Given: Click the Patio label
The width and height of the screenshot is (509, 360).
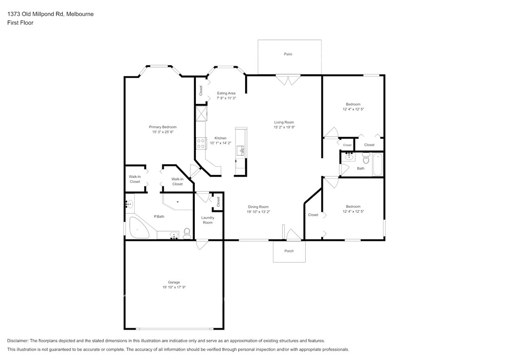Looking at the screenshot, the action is pos(288,54).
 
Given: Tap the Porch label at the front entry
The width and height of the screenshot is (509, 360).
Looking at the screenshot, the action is pos(289,251).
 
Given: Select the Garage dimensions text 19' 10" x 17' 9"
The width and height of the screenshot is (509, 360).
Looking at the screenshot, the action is pos(174,287).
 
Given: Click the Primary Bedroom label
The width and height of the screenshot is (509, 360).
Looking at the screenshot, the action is pos(163,127).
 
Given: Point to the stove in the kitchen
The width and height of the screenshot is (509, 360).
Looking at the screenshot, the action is pos(201,144).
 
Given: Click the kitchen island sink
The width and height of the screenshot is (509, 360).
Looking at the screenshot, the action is pos(241,151).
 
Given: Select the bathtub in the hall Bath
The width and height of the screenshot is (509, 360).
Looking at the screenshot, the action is pos(378,164).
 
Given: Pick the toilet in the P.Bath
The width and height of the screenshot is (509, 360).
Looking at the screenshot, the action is pos(187,234).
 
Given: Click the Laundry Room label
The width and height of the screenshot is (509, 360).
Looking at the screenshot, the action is pos(208,220).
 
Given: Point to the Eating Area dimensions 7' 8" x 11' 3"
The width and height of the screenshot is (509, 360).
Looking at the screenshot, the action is pos(226,98).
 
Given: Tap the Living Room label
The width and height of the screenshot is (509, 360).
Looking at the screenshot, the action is pos(284,122).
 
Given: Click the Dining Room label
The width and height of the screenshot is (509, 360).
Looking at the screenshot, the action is pos(258,207).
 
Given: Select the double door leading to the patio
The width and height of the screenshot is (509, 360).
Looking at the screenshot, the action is pos(288,80).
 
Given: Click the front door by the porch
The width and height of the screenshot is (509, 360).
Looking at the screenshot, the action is pos(294,235).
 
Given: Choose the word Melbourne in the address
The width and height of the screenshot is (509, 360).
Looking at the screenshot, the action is pos(80,14).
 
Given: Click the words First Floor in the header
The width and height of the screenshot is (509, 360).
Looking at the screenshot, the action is pos(20,23).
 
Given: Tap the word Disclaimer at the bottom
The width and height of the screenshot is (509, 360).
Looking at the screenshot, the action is pos(17,341).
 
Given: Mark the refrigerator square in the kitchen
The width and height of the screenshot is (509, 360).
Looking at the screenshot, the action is pos(201,113).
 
